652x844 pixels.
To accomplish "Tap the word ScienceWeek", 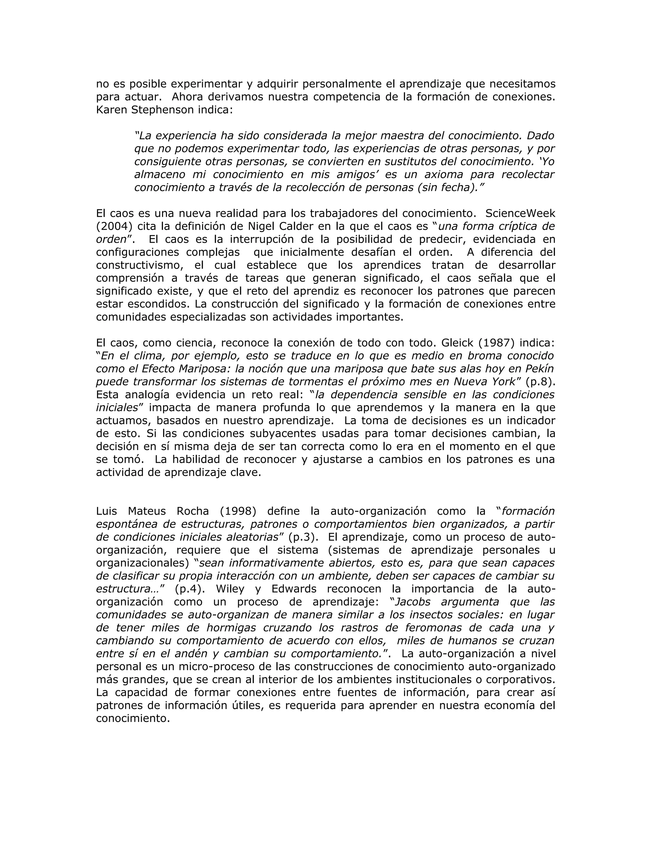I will point(520,213).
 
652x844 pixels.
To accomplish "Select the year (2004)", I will point(114,226).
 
